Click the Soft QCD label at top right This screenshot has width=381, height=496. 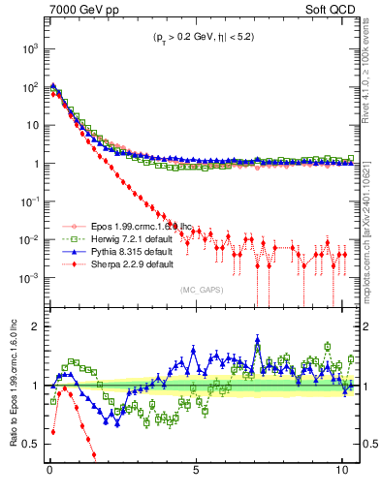[x=329, y=11]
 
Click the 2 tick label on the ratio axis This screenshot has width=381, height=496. [x=36, y=326]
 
